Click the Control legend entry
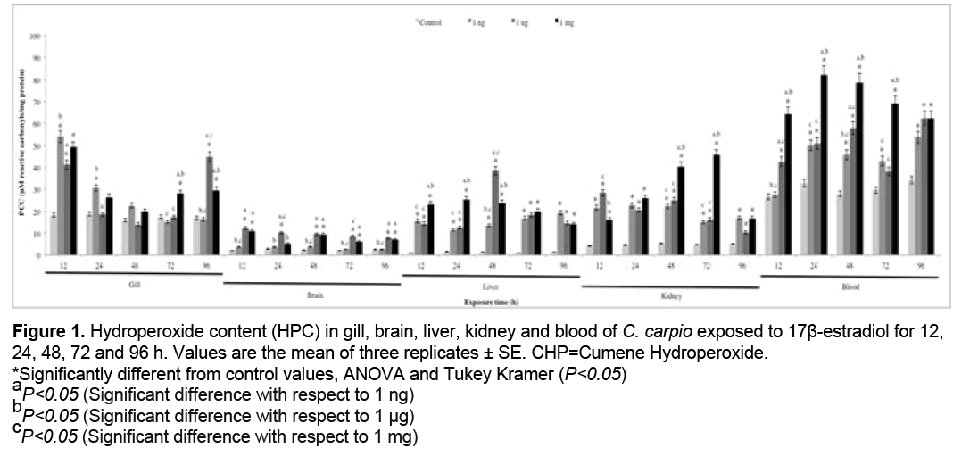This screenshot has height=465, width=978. click(x=431, y=21)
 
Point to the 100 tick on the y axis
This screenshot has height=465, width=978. click(x=37, y=37)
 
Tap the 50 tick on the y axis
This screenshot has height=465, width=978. click(x=37, y=145)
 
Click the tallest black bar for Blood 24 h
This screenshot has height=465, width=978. click(x=824, y=165)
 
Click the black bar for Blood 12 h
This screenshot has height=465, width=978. click(x=788, y=185)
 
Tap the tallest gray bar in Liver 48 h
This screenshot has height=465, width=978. click(x=494, y=213)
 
